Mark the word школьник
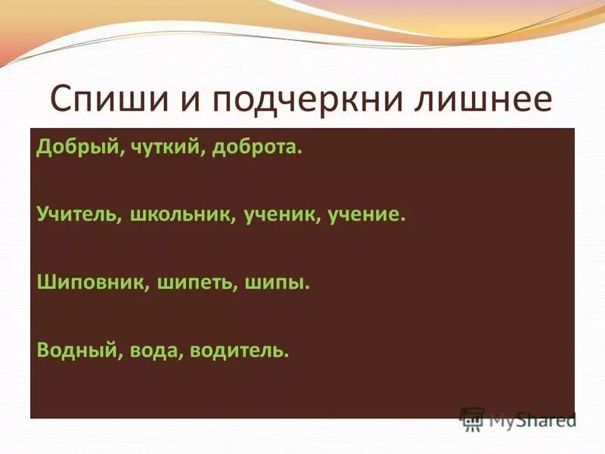point(181,215)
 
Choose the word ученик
point(281,215)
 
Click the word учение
point(367,215)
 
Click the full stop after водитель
point(287,356)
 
